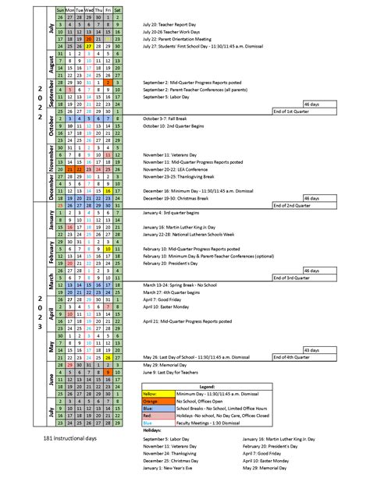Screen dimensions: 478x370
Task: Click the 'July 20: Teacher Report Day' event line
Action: [167, 23]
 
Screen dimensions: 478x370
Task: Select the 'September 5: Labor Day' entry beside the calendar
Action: [166, 97]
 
